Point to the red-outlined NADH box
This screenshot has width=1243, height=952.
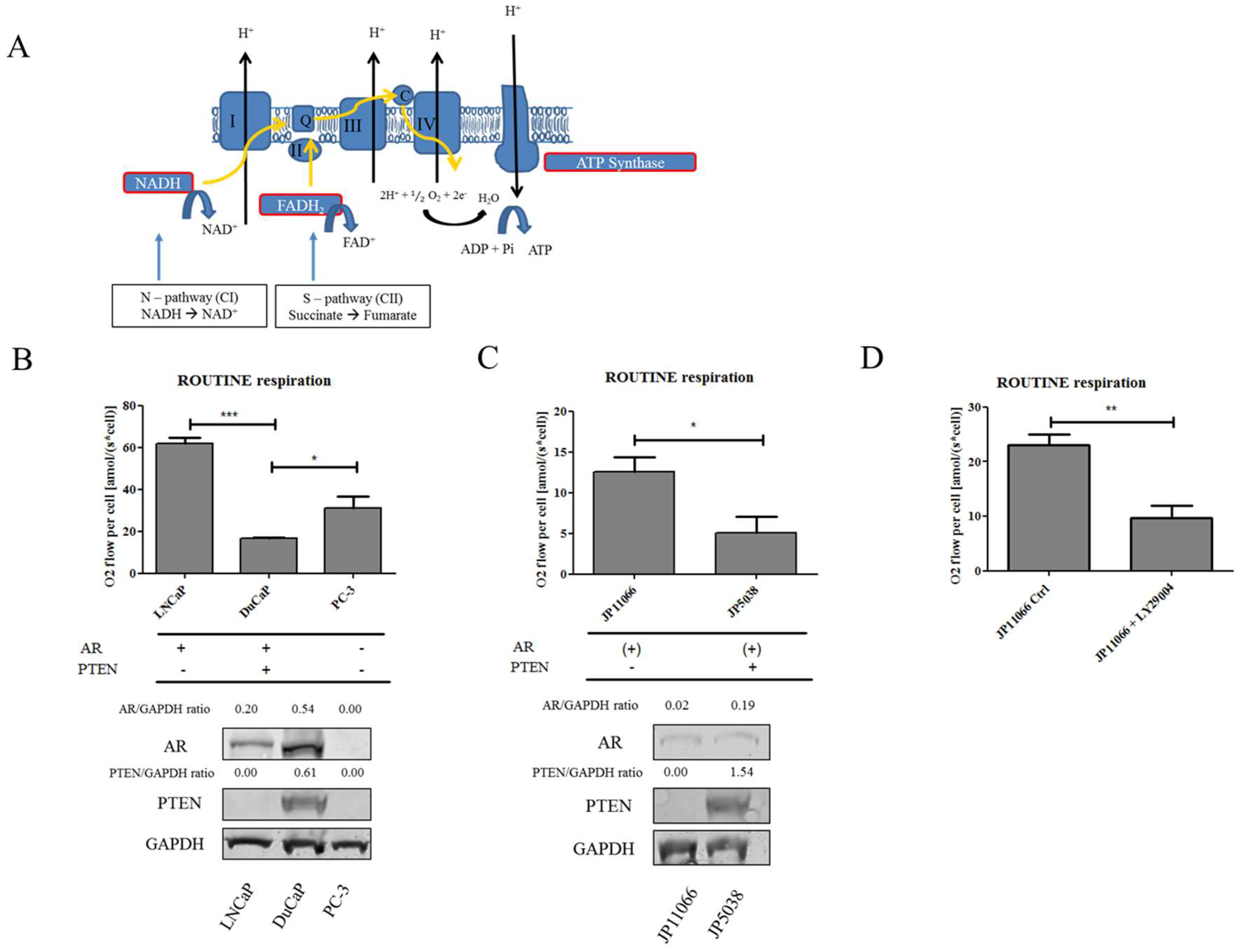coord(158,183)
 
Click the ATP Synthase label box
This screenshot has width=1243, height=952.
coord(620,163)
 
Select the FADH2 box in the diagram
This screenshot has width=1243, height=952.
coord(300,205)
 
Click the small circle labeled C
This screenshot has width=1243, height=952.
coord(404,95)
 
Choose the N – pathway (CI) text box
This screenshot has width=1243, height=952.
coord(189,305)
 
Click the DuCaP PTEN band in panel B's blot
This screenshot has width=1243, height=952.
coord(304,803)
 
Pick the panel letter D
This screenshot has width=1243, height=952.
coord(871,357)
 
